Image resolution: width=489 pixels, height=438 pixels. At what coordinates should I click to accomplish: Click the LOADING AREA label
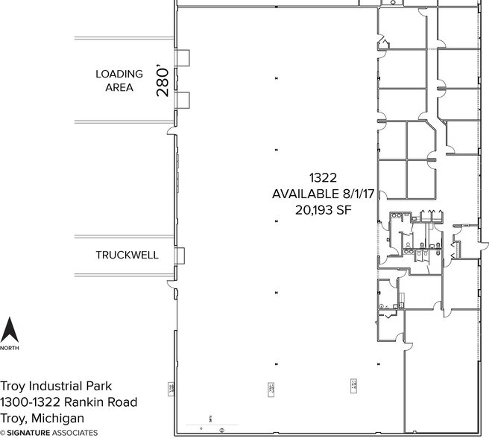(119, 80)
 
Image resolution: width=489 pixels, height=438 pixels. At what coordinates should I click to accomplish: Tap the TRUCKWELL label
(127, 255)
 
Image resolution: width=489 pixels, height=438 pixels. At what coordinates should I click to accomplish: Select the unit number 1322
(324, 177)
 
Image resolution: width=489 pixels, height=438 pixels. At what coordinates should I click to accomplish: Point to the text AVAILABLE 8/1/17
(323, 194)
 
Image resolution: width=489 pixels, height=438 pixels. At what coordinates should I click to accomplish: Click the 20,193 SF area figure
(323, 210)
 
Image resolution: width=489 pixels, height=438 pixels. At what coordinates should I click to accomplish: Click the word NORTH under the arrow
(10, 348)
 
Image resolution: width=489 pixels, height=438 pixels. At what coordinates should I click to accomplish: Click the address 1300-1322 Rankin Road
(69, 402)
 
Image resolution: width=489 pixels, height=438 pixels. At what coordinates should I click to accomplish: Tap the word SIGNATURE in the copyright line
(30, 432)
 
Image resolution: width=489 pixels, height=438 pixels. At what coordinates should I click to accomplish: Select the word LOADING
(119, 74)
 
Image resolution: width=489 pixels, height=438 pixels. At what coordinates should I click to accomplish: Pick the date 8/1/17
(356, 194)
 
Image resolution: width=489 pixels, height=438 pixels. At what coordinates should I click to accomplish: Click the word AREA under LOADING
(119, 88)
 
